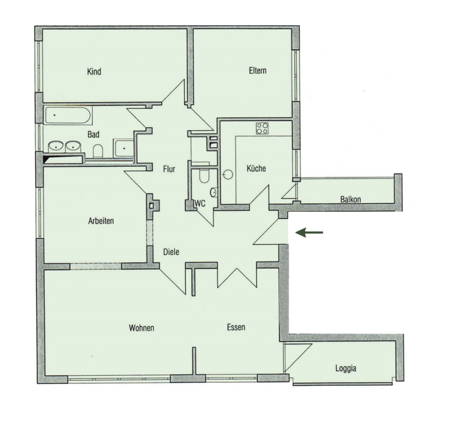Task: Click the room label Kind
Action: [x=94, y=71]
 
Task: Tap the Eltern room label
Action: [x=257, y=71]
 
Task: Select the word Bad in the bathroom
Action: [x=93, y=134]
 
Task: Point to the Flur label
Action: [x=169, y=169]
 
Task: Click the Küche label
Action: [x=256, y=168]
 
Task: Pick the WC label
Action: [x=200, y=204]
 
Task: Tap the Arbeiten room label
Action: [x=101, y=221]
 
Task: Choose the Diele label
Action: [x=171, y=252]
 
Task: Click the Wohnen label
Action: [x=141, y=328]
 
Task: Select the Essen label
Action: [x=236, y=327]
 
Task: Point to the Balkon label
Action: [x=350, y=200]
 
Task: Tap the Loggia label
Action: [x=346, y=368]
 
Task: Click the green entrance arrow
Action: [x=309, y=232]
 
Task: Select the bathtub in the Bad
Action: [x=68, y=115]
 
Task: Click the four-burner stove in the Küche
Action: [x=262, y=129]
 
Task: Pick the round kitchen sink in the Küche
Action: [x=228, y=174]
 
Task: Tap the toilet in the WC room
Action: [x=204, y=175]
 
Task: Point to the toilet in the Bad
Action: [x=98, y=151]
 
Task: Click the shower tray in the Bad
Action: [x=124, y=148]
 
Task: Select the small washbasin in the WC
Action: [x=214, y=193]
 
